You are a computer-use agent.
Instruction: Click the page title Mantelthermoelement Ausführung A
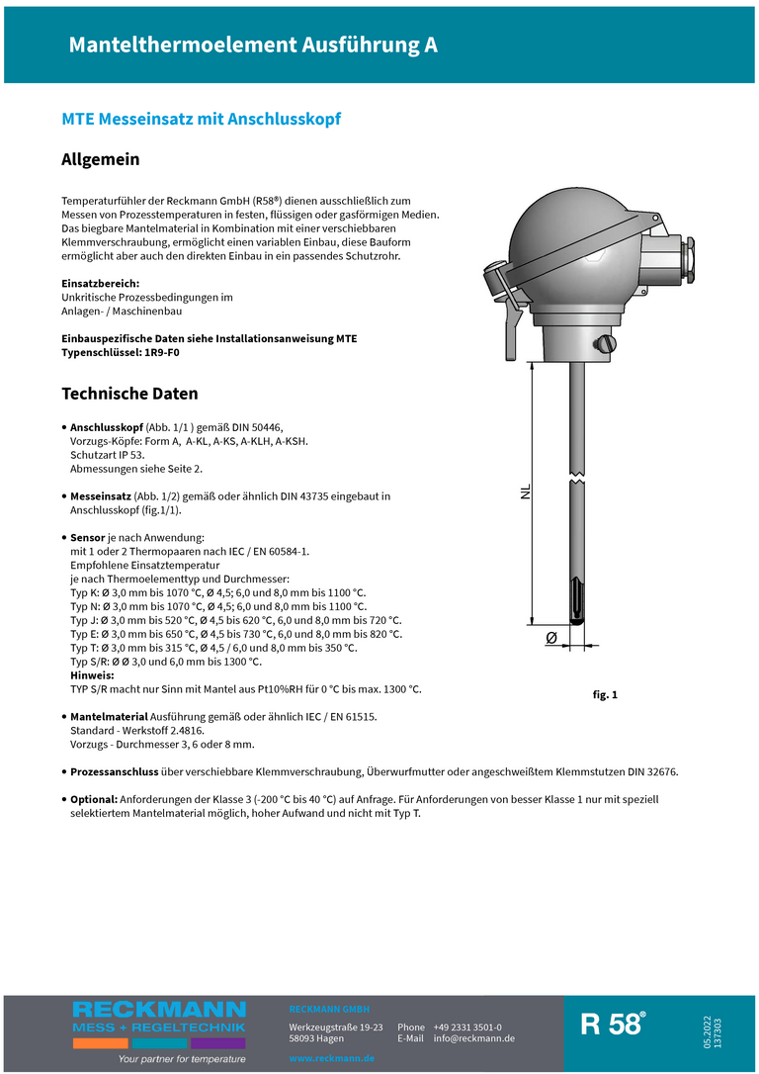(x=253, y=45)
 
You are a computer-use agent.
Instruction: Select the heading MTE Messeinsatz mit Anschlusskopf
(x=202, y=119)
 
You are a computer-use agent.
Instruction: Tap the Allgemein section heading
(x=101, y=159)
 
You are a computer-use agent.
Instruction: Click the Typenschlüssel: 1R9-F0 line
(x=121, y=352)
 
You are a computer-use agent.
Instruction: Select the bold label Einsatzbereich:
(x=100, y=284)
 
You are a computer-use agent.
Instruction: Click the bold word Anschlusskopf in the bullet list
(x=107, y=426)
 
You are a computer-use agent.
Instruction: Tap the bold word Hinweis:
(x=92, y=675)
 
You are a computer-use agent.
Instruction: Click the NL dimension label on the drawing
(x=526, y=492)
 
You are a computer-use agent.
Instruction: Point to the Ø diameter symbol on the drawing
(x=550, y=638)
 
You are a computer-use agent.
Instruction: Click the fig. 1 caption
(x=605, y=695)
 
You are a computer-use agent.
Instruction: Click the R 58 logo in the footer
(x=613, y=1025)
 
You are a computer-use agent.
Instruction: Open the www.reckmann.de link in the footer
(x=331, y=1058)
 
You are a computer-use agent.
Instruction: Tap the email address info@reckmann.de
(x=473, y=1038)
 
